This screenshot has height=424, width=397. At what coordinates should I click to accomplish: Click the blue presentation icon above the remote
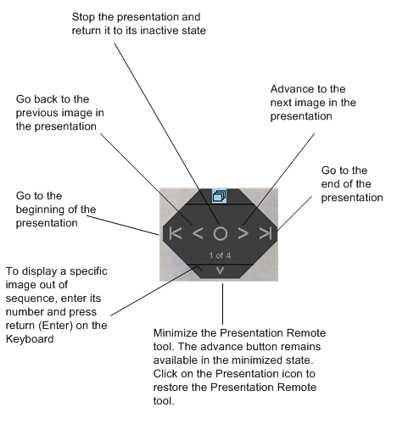(x=219, y=195)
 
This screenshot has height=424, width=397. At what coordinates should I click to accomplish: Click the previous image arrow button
(x=196, y=233)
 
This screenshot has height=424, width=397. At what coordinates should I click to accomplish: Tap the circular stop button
(x=220, y=233)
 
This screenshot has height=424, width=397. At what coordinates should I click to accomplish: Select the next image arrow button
(x=243, y=233)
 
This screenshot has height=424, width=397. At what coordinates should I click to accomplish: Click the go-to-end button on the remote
(x=265, y=233)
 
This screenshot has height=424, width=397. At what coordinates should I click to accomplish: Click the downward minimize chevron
(x=220, y=271)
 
